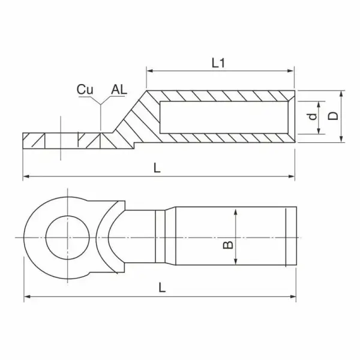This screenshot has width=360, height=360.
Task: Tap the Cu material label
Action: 85,89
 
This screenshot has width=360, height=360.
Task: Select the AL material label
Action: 119,89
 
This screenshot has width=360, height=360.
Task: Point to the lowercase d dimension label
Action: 313,116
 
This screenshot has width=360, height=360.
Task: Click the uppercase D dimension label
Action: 332,116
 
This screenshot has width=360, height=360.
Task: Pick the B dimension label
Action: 228,245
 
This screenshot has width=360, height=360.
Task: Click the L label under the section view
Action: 157,168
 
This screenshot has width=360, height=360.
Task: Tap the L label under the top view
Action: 162,287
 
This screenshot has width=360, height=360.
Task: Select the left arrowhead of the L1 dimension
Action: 149,71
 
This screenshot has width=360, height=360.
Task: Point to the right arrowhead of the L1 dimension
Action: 291,71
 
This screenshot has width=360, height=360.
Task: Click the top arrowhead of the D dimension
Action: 341,94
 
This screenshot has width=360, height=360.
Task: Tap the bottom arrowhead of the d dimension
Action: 319,131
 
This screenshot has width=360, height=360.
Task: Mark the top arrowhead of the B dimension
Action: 236,212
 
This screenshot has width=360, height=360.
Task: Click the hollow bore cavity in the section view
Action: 224,117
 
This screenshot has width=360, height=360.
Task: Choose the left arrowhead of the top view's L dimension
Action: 27,296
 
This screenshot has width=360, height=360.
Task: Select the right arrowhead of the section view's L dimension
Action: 292,176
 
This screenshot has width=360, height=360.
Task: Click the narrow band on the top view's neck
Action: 160,237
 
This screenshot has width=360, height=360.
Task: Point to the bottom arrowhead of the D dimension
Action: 341,139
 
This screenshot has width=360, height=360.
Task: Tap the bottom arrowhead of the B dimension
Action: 236,262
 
